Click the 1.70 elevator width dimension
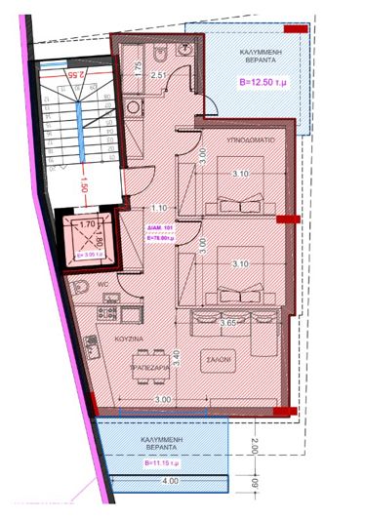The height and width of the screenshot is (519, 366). [86, 225]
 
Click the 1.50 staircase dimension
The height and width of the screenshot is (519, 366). [85, 182]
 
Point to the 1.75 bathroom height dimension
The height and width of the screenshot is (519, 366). [139, 66]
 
